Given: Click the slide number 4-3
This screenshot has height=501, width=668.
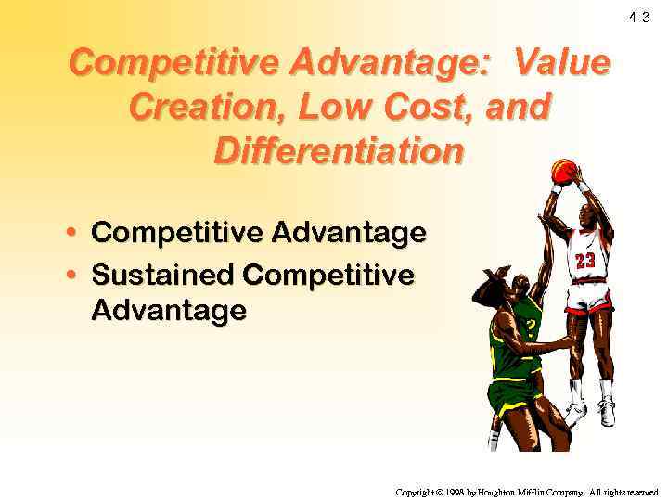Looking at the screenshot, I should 639,18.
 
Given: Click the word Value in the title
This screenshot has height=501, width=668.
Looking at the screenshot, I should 562,64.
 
